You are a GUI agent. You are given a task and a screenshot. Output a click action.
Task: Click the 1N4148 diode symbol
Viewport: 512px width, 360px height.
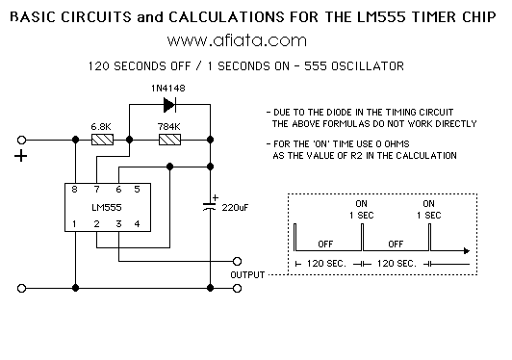pyautogui.click(x=169, y=105)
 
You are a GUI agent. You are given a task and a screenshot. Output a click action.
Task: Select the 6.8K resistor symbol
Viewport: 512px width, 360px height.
pyautogui.click(x=102, y=140)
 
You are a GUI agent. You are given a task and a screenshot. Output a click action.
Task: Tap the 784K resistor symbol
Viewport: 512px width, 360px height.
pyautogui.click(x=169, y=140)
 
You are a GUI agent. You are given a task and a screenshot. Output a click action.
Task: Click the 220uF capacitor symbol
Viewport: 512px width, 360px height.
pyautogui.click(x=210, y=206)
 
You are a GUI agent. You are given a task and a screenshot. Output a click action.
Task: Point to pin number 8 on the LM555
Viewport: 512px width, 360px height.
pyautogui.click(x=74, y=190)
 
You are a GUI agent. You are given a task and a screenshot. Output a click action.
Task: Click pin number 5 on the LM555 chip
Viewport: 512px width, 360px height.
pyautogui.click(x=137, y=190)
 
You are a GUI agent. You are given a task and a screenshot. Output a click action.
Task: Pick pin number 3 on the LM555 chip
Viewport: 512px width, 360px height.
pyautogui.click(x=118, y=223)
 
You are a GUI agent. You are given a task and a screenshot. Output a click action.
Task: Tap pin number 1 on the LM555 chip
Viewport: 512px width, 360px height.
pyautogui.click(x=74, y=223)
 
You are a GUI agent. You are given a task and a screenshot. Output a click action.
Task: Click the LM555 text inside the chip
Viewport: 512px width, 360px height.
pyautogui.click(x=107, y=208)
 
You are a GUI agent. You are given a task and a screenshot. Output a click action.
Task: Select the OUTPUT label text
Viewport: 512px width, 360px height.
pyautogui.click(x=247, y=275)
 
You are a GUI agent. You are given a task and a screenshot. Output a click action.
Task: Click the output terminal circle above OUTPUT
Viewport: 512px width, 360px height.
pyautogui.click(x=237, y=262)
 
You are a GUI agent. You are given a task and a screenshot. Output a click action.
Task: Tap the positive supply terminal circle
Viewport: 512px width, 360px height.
pyautogui.click(x=21, y=141)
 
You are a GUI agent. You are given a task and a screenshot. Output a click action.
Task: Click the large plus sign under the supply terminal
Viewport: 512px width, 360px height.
pyautogui.click(x=20, y=156)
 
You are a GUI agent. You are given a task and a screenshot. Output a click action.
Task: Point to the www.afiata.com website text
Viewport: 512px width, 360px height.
pyautogui.click(x=237, y=40)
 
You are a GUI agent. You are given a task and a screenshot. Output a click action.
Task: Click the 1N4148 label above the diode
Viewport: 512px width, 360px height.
pyautogui.click(x=168, y=89)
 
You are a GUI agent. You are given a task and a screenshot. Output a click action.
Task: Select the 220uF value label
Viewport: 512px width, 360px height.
pyautogui.click(x=235, y=208)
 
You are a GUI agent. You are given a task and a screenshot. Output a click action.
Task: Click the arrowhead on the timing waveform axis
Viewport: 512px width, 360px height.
pyautogui.click(x=467, y=251)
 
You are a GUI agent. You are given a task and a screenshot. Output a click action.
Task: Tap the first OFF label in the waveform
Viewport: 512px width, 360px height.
pyautogui.click(x=325, y=244)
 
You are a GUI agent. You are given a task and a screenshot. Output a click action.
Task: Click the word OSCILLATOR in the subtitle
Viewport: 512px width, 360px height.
pyautogui.click(x=368, y=66)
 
